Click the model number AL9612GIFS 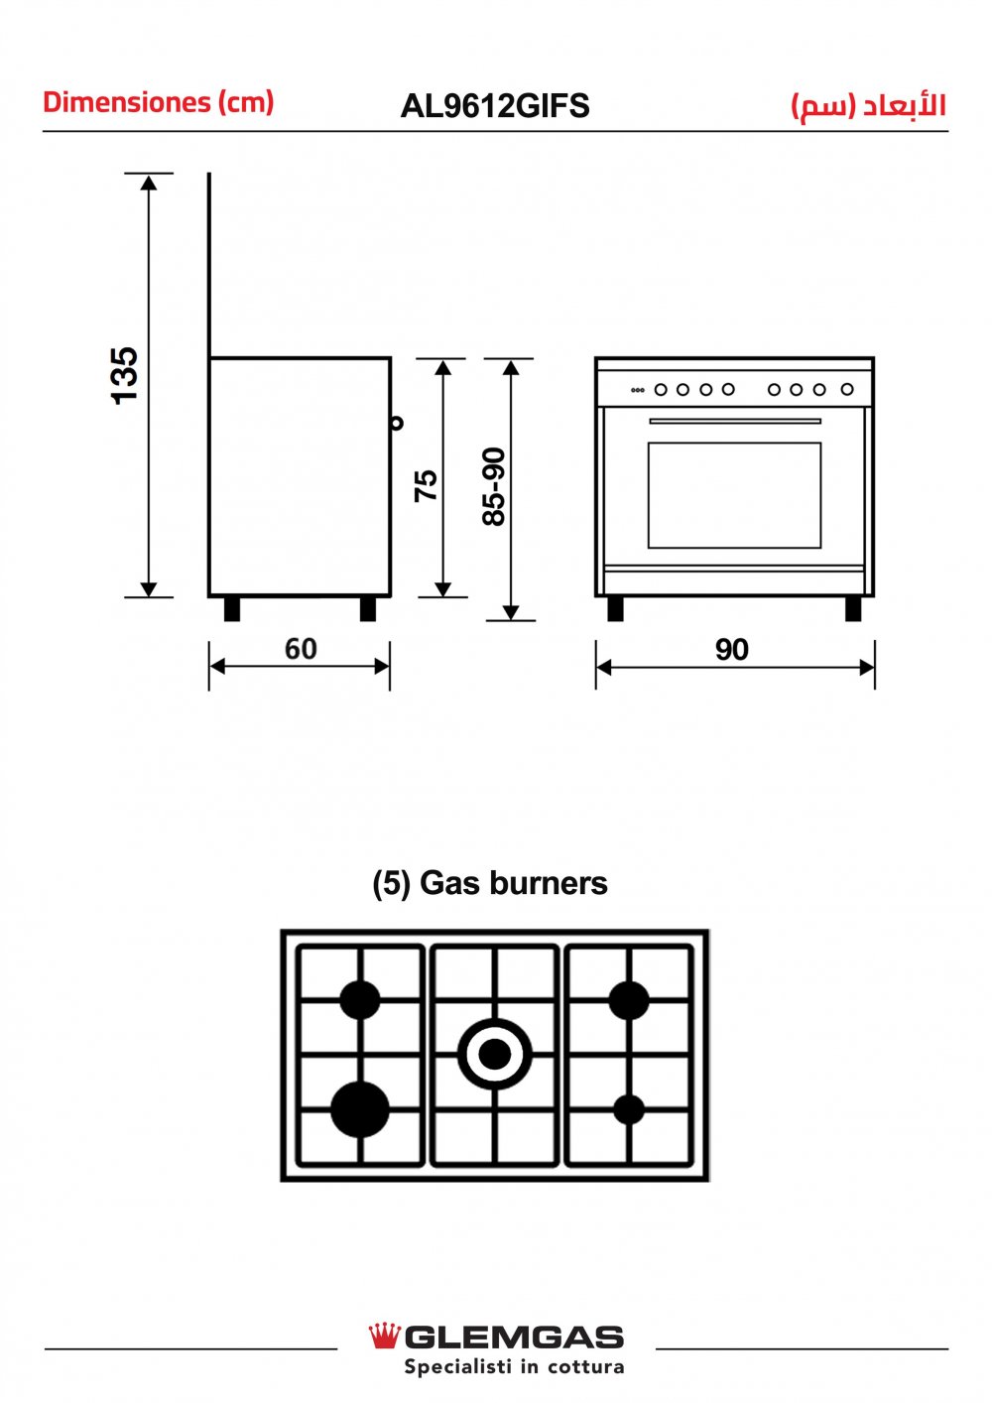495,106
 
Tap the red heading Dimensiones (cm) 158,102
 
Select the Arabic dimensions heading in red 868,106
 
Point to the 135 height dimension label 125,375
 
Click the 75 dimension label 426,484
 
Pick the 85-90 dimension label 494,486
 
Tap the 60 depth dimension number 301,649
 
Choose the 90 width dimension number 732,650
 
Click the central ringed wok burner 495,1054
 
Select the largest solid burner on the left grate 360,1108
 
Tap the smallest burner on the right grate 629,1109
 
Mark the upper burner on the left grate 360,1000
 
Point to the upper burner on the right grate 629,1000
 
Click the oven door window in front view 734,494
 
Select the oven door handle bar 734,422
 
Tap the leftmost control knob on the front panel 661,390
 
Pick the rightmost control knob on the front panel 847,390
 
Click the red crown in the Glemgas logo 384,1337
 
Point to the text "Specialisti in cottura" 514,1367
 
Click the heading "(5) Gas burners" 490,882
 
